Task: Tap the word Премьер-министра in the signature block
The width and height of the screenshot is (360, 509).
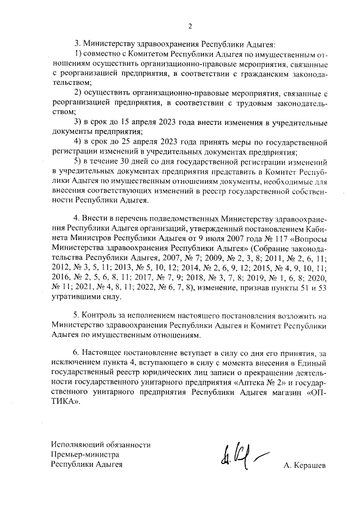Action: [x=85, y=454]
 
